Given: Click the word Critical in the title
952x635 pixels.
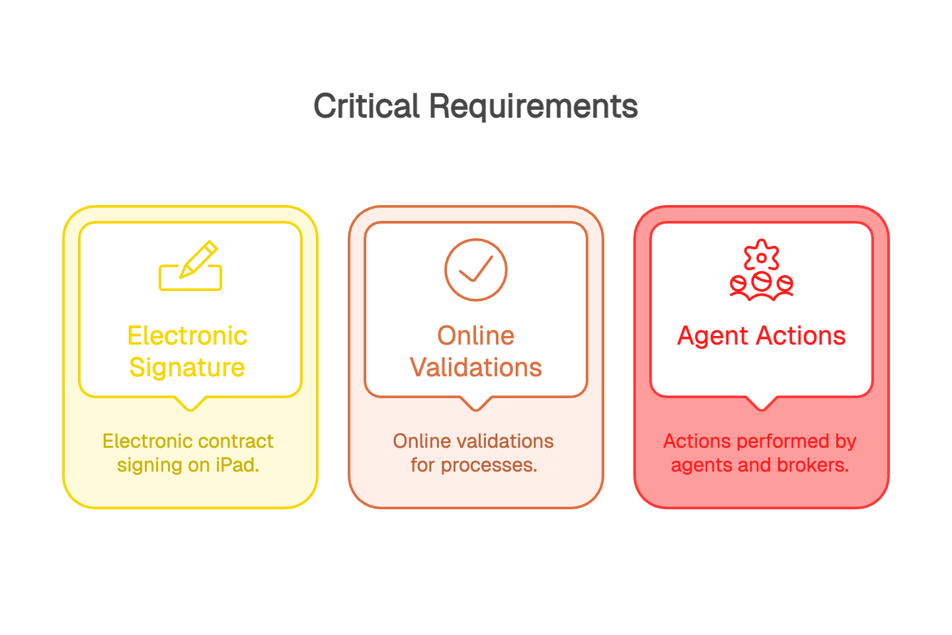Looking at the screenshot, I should tap(366, 106).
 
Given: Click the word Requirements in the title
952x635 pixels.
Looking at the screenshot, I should tap(533, 106).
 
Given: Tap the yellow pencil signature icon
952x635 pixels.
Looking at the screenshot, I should tap(190, 266).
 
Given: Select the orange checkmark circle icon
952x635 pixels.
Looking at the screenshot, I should tap(476, 269).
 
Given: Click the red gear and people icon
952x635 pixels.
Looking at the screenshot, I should tap(762, 271).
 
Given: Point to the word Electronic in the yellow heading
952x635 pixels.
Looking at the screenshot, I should tap(187, 336).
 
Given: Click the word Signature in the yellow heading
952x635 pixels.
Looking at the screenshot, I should tap(187, 368).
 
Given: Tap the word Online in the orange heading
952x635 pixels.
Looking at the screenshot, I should tap(476, 336).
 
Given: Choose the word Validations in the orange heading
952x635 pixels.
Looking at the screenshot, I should tap(476, 368).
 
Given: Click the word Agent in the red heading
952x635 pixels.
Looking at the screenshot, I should tap(711, 336).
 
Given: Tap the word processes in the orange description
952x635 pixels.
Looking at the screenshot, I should tap(489, 465).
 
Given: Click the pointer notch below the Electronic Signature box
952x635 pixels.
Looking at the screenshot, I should tap(190, 403).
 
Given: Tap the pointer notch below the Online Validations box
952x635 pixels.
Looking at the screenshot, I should tap(476, 403).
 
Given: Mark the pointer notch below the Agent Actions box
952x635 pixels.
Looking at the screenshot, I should tap(762, 403).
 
